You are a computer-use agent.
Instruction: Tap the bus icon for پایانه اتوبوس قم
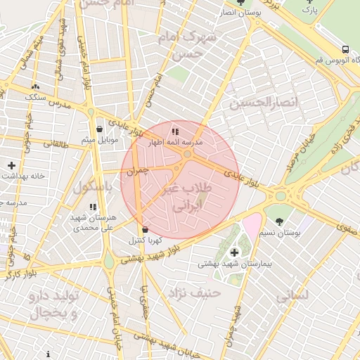coord(345,49)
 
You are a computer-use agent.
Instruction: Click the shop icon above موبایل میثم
coord(99,129)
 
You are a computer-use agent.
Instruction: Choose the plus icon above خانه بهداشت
coord(11,165)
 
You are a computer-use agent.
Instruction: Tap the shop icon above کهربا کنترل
coord(145,229)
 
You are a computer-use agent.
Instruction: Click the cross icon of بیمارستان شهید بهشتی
coord(234,252)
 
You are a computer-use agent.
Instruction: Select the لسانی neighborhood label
coord(292,296)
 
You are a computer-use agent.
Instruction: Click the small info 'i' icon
coord(48,354)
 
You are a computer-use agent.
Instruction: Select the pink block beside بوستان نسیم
coord(251,226)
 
